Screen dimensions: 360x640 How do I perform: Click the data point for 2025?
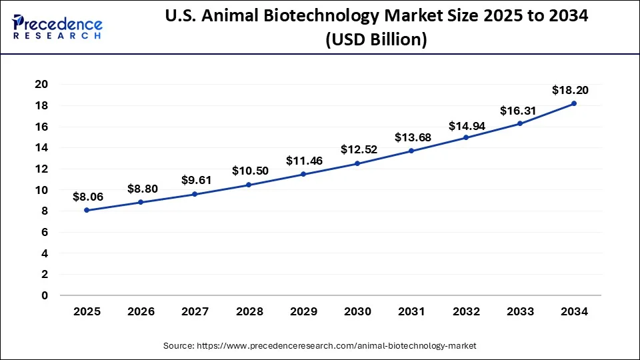pyautogui.click(x=87, y=210)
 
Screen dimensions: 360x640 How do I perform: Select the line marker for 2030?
pyautogui.click(x=357, y=163)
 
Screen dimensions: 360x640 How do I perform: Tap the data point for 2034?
pyautogui.click(x=574, y=103)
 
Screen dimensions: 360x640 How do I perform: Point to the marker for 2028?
pyautogui.click(x=249, y=185)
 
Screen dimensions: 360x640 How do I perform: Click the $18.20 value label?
pyautogui.click(x=570, y=90)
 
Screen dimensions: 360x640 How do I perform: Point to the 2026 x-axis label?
pyautogui.click(x=141, y=311)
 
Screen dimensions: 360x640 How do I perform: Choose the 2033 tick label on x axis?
pyautogui.click(x=520, y=311)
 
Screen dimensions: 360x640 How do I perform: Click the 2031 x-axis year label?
pyautogui.click(x=411, y=311)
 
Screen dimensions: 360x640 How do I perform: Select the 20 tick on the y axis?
pyautogui.click(x=41, y=84)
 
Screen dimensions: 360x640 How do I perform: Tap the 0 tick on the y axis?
pyautogui.click(x=45, y=295)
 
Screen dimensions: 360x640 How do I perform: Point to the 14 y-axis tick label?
pyautogui.click(x=41, y=147)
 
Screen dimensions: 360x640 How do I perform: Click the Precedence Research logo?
pyautogui.click(x=57, y=27)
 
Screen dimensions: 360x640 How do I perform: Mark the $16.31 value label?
pyautogui.click(x=519, y=110)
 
